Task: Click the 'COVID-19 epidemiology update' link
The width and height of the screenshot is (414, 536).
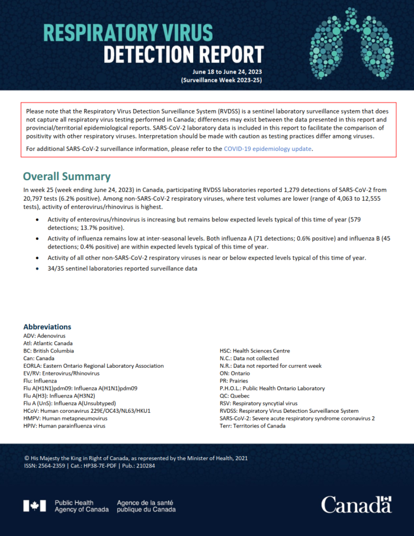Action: point(267,149)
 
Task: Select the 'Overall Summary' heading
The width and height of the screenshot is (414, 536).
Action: point(66,176)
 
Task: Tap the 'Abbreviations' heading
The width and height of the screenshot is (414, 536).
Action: point(47,327)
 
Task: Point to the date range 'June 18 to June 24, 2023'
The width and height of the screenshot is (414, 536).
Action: point(223,72)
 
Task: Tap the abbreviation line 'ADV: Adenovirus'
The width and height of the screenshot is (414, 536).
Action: point(45,335)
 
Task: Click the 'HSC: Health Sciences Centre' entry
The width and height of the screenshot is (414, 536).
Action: point(255,351)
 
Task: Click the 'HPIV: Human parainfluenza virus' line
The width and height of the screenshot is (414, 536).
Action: point(64,426)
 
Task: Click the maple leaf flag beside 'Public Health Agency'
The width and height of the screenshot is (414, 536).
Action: point(34,506)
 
